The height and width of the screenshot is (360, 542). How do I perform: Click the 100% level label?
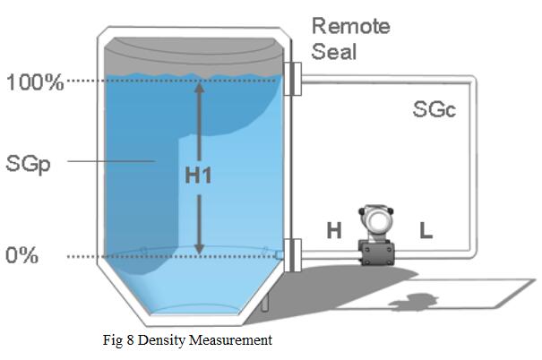[x=35, y=83]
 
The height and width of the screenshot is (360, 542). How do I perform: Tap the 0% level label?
[x=22, y=255]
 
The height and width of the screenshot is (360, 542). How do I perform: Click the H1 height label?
[x=197, y=176]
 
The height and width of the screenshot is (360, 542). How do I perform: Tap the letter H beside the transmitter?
[x=333, y=231]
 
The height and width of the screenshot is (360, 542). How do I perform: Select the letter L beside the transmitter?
[x=426, y=231]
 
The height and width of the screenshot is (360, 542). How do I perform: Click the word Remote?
[x=350, y=25]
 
